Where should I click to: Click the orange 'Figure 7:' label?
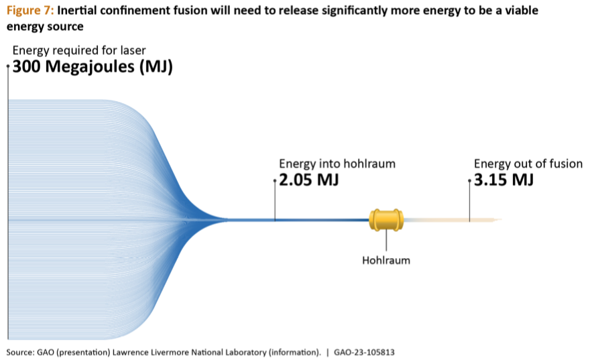[x=31, y=10]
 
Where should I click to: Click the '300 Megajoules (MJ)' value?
[x=93, y=66]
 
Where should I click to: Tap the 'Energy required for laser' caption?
[x=79, y=50]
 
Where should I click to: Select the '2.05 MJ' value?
[x=309, y=180]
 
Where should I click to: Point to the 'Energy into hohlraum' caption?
[x=337, y=164]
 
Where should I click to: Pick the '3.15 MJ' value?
[x=503, y=180]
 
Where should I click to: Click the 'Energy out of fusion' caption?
[x=528, y=164]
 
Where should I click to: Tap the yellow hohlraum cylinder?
[x=386, y=220]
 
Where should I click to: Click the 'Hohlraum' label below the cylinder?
[x=386, y=261]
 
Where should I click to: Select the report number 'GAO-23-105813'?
[x=364, y=353]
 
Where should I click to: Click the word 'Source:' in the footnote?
[x=20, y=353]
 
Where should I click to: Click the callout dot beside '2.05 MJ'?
[x=275, y=180]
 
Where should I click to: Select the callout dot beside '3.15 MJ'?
[x=469, y=180]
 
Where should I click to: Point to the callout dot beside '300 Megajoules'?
[x=8, y=66]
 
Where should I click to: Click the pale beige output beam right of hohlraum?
[x=453, y=220]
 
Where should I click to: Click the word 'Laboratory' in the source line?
[x=246, y=353]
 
